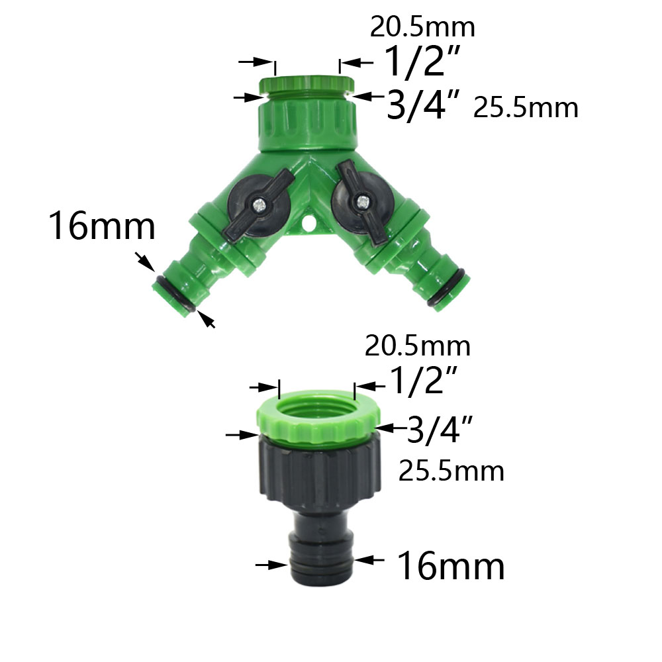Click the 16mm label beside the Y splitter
tap(101, 227)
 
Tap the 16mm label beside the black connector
tap(450, 567)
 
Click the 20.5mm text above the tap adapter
tap(418, 346)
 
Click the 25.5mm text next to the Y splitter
tap(526, 107)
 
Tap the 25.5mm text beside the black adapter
tap(451, 471)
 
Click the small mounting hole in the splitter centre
tap(307, 227)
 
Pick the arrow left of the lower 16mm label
tap(272, 565)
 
